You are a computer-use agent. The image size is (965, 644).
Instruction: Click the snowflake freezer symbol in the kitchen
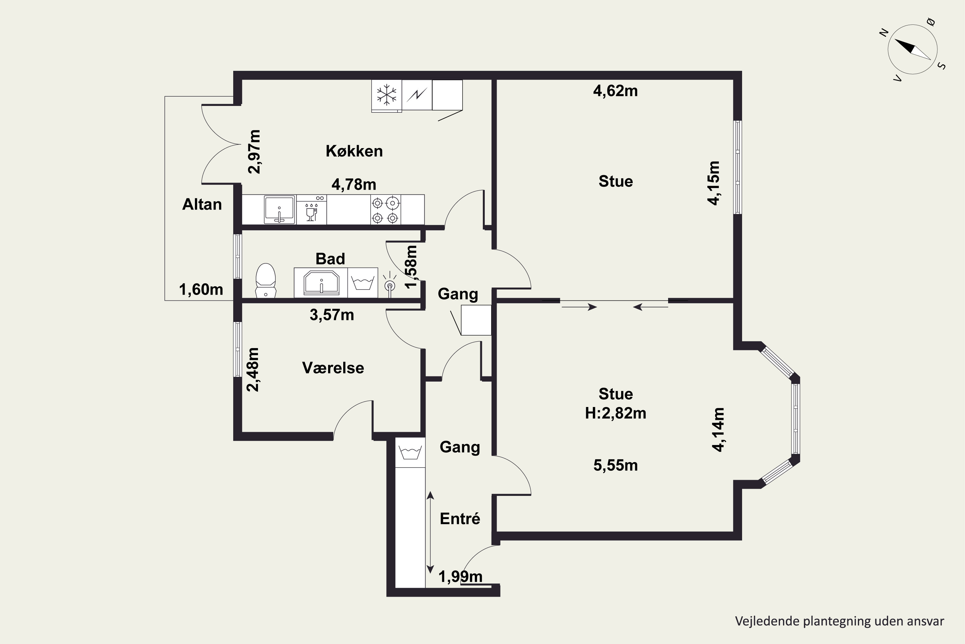pyautogui.click(x=387, y=95)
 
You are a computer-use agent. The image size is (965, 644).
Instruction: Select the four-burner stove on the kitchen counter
pyautogui.click(x=386, y=210)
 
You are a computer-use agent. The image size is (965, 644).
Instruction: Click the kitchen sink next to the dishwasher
pyautogui.click(x=280, y=210)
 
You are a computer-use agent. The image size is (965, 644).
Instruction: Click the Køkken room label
pyautogui.click(x=354, y=151)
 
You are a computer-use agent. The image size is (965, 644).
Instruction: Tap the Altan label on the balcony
pyautogui.click(x=202, y=204)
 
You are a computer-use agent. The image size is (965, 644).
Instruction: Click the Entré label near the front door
pyautogui.click(x=460, y=518)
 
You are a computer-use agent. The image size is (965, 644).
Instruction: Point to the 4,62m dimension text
pyautogui.click(x=615, y=91)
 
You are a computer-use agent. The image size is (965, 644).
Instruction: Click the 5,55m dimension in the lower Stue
pyautogui.click(x=615, y=465)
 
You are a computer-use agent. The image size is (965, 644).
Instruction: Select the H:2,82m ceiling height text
pyautogui.click(x=615, y=413)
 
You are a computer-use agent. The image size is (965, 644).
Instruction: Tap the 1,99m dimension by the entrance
pyautogui.click(x=460, y=577)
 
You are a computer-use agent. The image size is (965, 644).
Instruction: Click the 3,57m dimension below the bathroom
pyautogui.click(x=332, y=315)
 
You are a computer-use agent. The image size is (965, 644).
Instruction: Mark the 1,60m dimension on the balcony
pyautogui.click(x=201, y=289)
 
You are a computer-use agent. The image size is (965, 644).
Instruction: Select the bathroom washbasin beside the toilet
pyautogui.click(x=321, y=283)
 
